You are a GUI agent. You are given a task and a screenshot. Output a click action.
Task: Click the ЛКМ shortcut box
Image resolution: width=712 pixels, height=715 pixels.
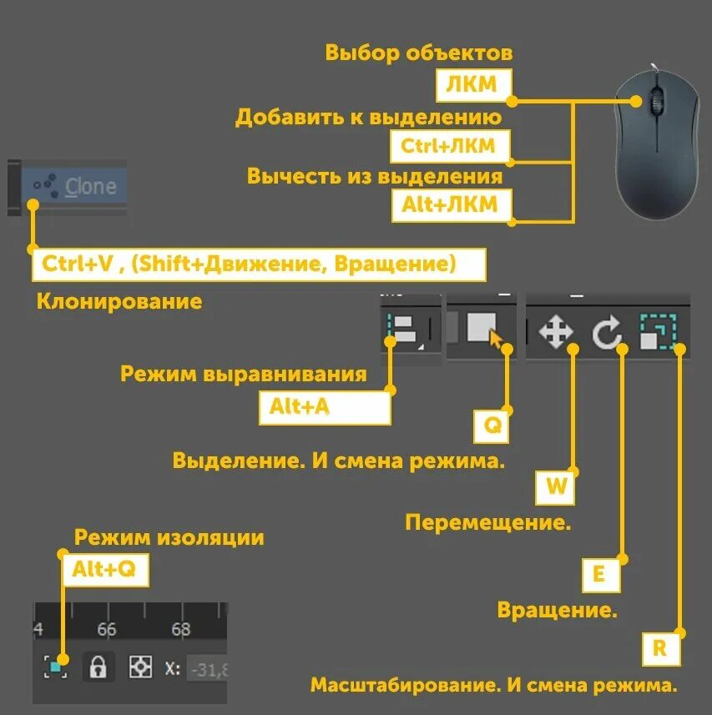472,84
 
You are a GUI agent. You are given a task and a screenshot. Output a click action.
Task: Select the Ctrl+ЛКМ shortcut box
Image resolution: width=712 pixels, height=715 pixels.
451,145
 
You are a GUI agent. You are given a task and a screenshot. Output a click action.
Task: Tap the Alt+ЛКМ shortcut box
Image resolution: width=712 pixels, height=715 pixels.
451,205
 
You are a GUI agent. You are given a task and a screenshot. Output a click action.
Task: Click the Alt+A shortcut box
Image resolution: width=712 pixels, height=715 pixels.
325,407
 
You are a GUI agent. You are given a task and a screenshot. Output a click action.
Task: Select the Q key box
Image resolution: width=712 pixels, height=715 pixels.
493,425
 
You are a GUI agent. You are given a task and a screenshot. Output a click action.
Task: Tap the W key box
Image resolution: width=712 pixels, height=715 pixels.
556,488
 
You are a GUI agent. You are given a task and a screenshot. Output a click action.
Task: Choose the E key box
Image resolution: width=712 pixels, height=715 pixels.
598,573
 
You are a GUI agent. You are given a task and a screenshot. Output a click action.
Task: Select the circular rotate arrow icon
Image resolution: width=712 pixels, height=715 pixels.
607,334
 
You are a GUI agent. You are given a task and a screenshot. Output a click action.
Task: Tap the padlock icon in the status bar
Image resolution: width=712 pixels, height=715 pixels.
98,667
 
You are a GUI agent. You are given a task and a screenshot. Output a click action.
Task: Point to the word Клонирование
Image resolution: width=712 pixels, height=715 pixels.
119,301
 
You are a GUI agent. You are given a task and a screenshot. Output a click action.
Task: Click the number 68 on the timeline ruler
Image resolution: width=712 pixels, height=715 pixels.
181,629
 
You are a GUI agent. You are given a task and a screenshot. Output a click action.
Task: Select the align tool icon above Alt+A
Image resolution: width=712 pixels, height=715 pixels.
405,330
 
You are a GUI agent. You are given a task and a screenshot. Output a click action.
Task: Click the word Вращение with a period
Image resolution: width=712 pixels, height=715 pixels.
558,610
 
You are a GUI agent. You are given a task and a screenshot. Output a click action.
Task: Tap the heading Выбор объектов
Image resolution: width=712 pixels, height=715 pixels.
419,53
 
